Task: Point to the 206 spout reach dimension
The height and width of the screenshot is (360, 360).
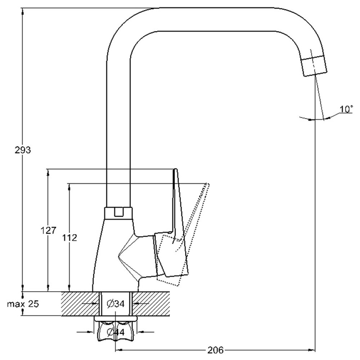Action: pyautogui.click(x=216, y=350)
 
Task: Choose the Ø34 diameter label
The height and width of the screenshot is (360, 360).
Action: pyautogui.click(x=116, y=304)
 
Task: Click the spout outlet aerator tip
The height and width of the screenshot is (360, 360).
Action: pyautogui.click(x=315, y=66)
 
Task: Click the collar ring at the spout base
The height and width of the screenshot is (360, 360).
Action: pyautogui.click(x=119, y=213)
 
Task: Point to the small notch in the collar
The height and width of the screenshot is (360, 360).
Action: pyautogui.click(x=118, y=212)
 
